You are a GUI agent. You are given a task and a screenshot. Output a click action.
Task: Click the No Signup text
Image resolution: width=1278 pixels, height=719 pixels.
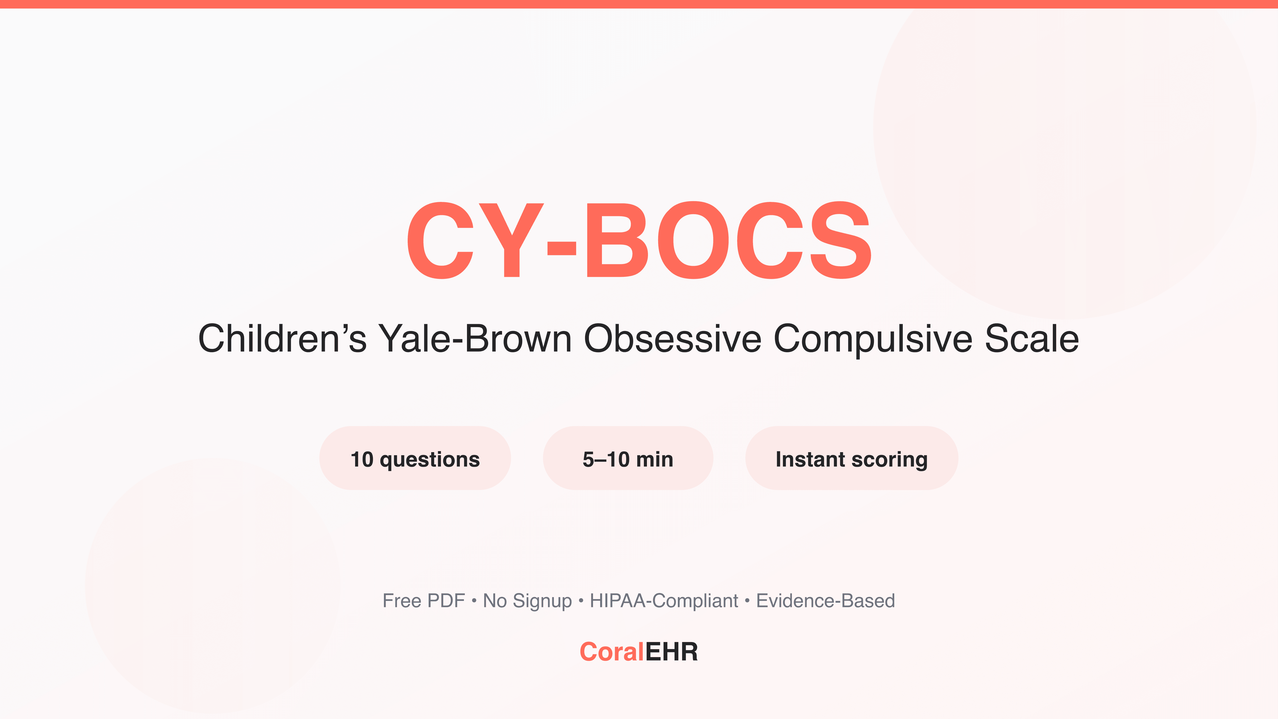tap(527, 601)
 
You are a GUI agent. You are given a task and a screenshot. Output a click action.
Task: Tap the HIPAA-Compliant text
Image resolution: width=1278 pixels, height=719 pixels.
tap(664, 601)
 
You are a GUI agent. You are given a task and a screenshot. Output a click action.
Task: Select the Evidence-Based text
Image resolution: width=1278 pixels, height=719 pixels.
tap(825, 601)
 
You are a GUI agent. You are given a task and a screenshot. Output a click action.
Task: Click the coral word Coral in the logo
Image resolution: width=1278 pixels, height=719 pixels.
tap(611, 652)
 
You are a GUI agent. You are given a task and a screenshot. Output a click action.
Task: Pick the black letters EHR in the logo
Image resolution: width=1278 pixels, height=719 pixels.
tap(671, 652)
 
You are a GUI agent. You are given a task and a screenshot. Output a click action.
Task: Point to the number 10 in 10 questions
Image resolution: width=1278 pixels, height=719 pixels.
tap(362, 459)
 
